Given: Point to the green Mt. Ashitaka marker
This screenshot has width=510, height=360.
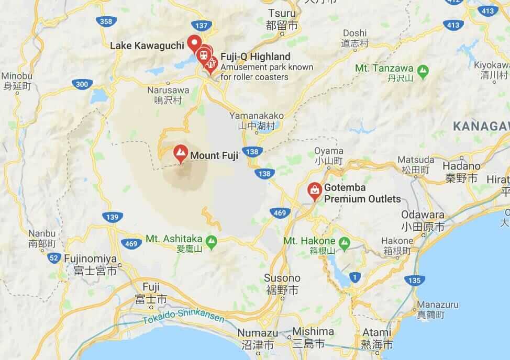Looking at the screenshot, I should click(x=211, y=241).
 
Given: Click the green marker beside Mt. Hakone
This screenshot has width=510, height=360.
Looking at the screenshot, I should click(x=344, y=242).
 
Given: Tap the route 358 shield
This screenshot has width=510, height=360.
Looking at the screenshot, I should click(x=105, y=21).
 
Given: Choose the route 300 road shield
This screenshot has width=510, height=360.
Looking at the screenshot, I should click(x=81, y=84).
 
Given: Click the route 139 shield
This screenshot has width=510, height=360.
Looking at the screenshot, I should click(x=113, y=216).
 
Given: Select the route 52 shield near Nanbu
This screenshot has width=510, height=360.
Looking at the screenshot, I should click(x=53, y=257).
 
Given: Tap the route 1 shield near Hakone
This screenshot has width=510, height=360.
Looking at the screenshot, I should click(x=355, y=276).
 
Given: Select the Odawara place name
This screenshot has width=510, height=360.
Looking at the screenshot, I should click(x=423, y=215).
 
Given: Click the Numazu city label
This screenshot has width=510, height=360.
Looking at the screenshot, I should click(x=258, y=333).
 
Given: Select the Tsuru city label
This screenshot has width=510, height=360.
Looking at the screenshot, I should click(x=282, y=13).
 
